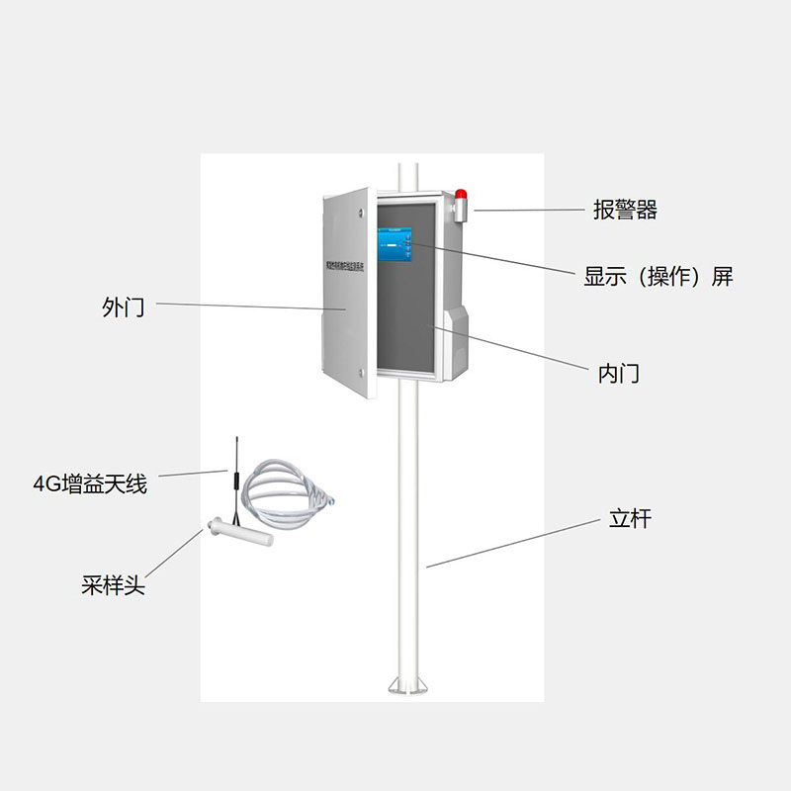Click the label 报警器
pyautogui.click(x=625, y=211)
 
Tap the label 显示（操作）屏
pyautogui.click(x=659, y=277)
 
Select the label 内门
pyautogui.click(x=619, y=374)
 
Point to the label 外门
pyautogui.click(x=124, y=308)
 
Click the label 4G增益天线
pyautogui.click(x=90, y=484)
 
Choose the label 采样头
pyautogui.click(x=113, y=585)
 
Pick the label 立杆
pyautogui.click(x=630, y=519)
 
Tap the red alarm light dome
pyautogui.click(x=463, y=193)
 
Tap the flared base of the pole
pyautogui.click(x=408, y=685)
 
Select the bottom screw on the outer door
pyautogui.click(x=362, y=372)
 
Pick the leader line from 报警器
pyautogui.click(x=528, y=210)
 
